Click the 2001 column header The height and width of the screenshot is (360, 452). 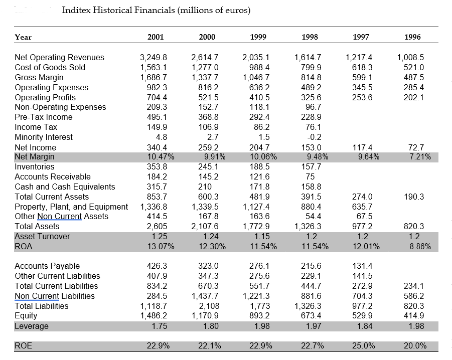pos(156,37)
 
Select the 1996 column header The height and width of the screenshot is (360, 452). pos(412,37)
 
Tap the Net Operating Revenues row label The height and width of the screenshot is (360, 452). pos(60,57)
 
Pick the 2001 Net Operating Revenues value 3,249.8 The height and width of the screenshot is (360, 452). pos(153,57)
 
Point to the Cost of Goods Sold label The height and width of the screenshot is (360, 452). pos(50,67)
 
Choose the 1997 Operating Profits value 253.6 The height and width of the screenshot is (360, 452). pos(362,97)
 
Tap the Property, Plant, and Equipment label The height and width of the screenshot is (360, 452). pos(71,207)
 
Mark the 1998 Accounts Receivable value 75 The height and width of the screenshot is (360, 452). pos(310,176)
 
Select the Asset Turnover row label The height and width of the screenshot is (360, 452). pos(43,236)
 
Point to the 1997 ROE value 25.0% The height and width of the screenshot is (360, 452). pos(364,345)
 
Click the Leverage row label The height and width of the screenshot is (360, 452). pos(32,326)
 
